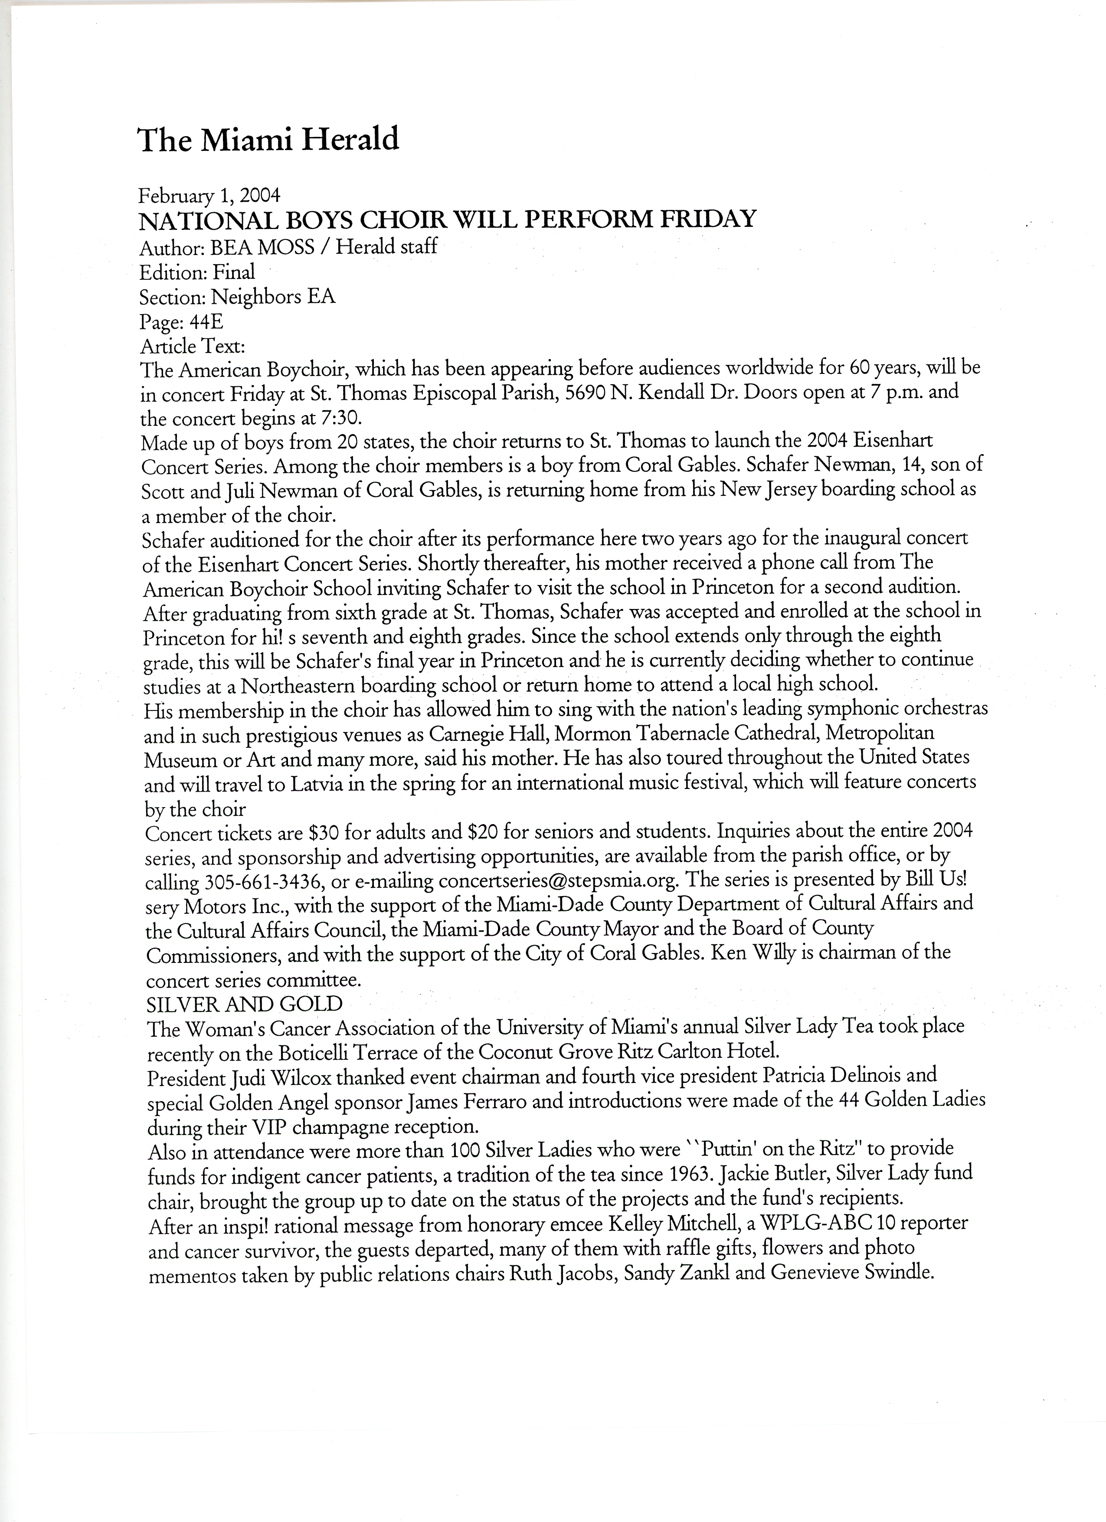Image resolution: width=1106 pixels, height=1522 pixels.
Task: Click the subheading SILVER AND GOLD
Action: point(244,1004)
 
